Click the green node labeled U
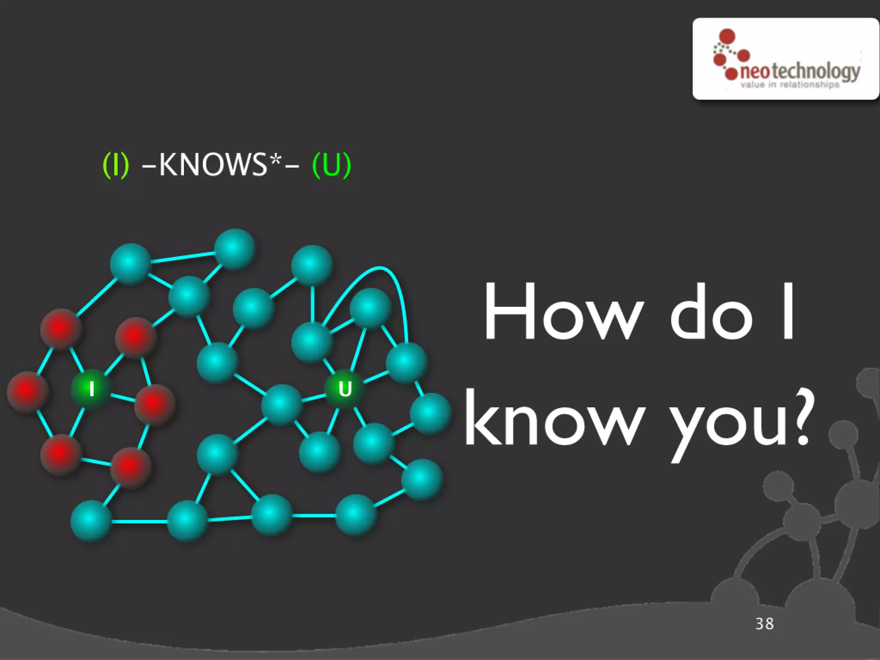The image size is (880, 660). click(x=345, y=389)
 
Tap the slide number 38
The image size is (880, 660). click(x=764, y=623)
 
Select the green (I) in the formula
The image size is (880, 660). click(x=116, y=165)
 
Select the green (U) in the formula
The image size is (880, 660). click(x=332, y=165)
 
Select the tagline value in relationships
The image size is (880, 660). click(x=790, y=85)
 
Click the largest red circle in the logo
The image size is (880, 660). click(x=727, y=37)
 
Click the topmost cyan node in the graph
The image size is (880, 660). click(x=235, y=248)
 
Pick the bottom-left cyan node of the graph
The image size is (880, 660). click(x=91, y=520)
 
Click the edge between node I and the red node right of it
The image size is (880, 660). click(x=122, y=397)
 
